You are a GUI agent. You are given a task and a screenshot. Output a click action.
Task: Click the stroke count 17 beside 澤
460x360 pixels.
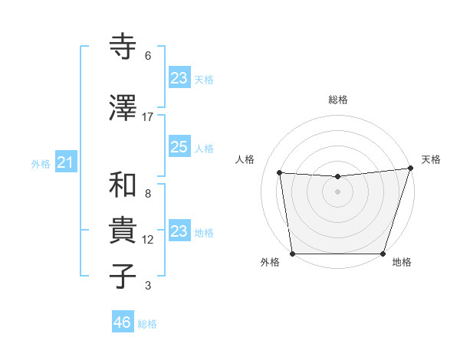click(148, 117)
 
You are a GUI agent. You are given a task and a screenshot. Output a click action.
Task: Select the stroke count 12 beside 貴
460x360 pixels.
click(148, 240)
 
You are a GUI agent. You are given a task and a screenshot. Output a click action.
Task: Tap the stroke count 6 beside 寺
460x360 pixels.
click(148, 56)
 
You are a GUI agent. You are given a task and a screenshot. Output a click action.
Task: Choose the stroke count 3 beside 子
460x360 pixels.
click(148, 286)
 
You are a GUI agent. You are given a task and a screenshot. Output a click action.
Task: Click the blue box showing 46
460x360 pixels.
click(123, 322)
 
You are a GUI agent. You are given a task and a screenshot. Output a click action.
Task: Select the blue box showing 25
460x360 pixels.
click(179, 147)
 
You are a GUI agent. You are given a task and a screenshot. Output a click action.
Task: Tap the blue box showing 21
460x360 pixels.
click(65, 162)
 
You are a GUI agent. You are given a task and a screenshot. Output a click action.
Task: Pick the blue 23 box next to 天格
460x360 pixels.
click(179, 78)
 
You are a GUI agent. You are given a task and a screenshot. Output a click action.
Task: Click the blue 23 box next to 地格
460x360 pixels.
click(179, 231)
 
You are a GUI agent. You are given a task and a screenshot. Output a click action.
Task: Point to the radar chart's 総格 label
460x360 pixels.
click(337, 100)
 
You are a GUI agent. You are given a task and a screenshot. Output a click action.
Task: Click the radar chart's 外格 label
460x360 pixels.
click(270, 263)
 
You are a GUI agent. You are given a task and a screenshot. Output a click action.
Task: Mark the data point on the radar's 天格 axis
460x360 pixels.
click(410, 169)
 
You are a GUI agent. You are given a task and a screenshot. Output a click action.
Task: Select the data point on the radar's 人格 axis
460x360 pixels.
click(280, 173)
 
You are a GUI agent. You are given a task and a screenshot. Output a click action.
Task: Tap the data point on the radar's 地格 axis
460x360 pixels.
click(383, 254)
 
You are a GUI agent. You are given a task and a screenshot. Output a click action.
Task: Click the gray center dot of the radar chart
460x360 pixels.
click(337, 191)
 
